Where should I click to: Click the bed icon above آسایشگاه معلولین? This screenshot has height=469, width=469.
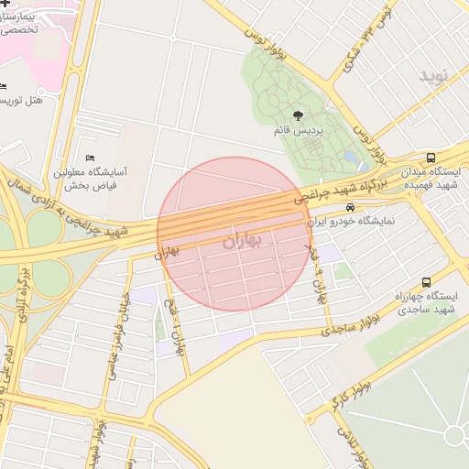pos(89,158)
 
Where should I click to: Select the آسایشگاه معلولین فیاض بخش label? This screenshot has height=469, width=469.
pos(89,179)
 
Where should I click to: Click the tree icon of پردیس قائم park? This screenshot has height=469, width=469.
pos(298,115)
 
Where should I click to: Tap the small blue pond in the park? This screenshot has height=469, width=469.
pos(351,158)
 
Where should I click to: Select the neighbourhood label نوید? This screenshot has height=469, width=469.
pos(436,74)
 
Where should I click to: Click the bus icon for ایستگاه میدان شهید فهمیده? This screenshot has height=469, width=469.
pos(431,158)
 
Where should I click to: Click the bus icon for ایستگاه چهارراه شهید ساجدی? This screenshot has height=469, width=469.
pos(426,282)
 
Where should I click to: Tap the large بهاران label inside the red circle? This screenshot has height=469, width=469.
pos(242,240)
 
